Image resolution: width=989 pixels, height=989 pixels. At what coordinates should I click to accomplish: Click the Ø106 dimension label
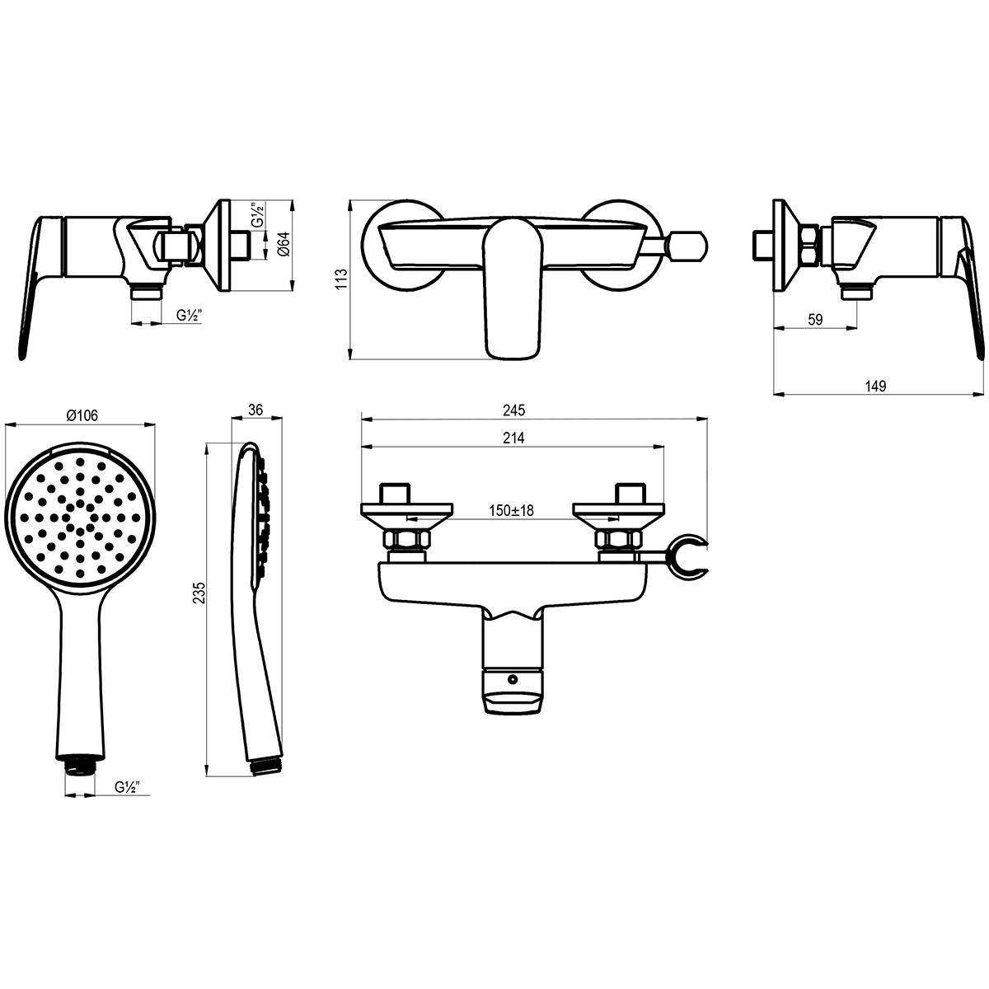[82, 415]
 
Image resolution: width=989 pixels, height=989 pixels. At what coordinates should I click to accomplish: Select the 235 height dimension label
[199, 593]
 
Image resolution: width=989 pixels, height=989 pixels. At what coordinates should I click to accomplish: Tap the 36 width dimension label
[255, 410]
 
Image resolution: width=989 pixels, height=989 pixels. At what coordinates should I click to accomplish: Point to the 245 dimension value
[513, 410]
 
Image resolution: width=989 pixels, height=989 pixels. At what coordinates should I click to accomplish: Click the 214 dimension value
[513, 438]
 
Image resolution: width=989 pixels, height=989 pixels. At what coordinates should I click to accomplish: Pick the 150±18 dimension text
[511, 510]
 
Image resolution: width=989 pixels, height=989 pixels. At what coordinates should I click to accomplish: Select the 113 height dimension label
[341, 279]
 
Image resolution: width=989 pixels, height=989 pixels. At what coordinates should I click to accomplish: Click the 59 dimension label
[815, 320]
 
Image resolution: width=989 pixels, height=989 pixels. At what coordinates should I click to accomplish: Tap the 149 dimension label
[875, 386]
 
